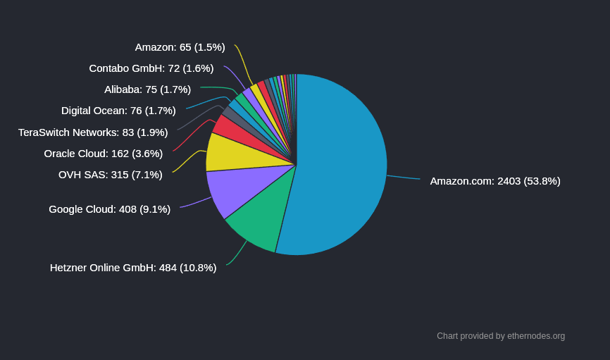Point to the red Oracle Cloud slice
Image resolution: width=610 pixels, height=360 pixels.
pos(227,127)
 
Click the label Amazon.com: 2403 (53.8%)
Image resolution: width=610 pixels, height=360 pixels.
pos(495,181)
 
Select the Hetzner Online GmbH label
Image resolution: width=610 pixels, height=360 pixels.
pos(133,268)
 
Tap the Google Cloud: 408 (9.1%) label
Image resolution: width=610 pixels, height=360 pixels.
pos(109,209)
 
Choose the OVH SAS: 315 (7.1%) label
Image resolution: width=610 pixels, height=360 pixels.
pos(110,175)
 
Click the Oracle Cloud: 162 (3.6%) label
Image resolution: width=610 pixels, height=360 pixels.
pos(103,154)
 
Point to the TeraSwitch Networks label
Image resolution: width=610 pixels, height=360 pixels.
pos(93,132)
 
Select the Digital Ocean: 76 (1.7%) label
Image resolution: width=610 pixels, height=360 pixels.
pos(118,111)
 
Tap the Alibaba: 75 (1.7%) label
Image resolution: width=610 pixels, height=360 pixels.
pos(147,89)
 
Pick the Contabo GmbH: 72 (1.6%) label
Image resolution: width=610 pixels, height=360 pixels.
pos(151,68)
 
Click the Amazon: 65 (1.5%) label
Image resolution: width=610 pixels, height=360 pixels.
pos(180,47)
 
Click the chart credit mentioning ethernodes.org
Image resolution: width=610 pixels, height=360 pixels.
pos(501,336)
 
